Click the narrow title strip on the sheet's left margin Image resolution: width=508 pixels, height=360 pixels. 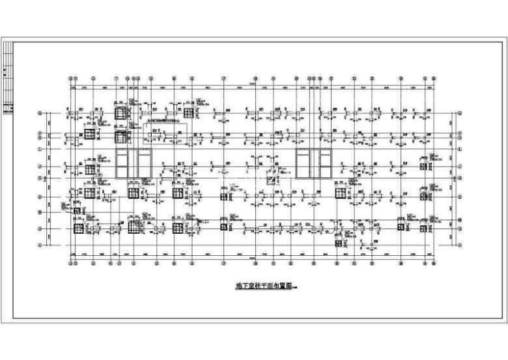(x=8, y=78)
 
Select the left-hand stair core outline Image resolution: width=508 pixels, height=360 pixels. (x=134, y=162)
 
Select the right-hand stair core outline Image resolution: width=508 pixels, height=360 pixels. (x=314, y=162)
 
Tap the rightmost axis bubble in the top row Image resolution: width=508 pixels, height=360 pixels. (x=433, y=77)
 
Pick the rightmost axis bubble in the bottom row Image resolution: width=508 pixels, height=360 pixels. (x=433, y=265)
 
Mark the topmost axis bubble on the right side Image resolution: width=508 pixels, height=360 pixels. (x=460, y=113)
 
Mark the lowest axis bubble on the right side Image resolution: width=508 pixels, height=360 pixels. (x=460, y=245)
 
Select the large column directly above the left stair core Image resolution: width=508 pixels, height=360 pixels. (x=120, y=137)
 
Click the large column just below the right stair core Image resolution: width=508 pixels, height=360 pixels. (x=340, y=193)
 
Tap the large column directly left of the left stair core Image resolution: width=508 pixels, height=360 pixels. (x=90, y=169)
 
